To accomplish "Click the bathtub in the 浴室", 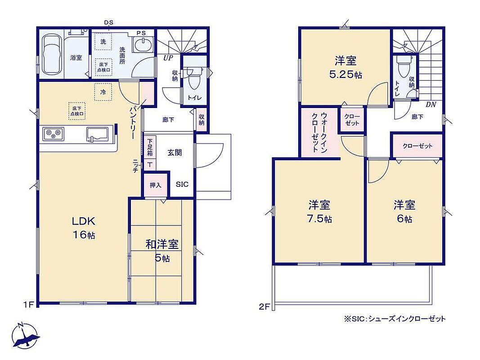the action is coord(51,54).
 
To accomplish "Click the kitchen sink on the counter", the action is coord(97,135).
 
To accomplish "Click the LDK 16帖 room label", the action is coord(84,227).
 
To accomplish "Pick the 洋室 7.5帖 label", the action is coord(319,211).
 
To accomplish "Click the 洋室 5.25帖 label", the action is coord(345,67).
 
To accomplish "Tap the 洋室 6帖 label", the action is coord(404,211).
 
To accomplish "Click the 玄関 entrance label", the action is coord(175,152).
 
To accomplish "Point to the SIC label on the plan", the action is coord(182,184).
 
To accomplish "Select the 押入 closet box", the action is coord(156,185).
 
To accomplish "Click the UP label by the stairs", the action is coord(168,58).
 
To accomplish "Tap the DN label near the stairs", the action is coord(431,105).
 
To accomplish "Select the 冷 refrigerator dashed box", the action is coord(103,92).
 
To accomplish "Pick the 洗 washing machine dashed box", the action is coord(103,42).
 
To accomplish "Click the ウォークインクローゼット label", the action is coord(319,132).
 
